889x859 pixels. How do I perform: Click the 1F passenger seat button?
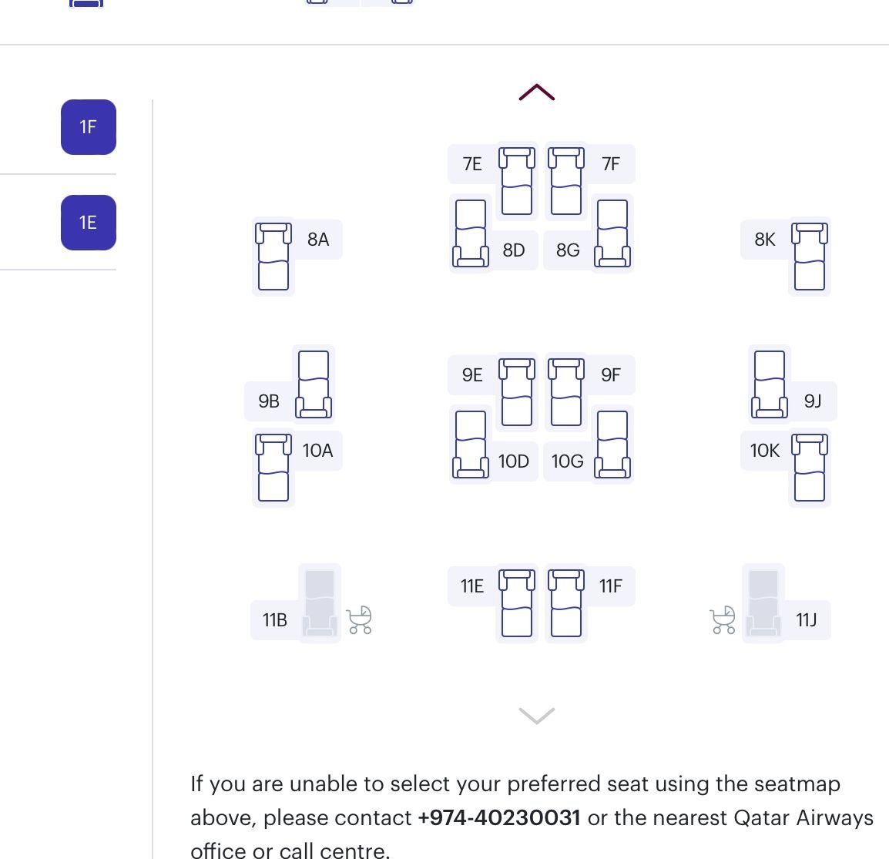click(89, 127)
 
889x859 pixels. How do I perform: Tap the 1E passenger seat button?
click(89, 223)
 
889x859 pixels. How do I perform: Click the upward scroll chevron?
click(537, 92)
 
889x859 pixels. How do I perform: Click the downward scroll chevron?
click(537, 716)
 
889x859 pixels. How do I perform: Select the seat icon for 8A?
click(273, 257)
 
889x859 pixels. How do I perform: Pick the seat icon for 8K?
click(810, 257)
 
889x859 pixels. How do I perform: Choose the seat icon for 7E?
click(516, 181)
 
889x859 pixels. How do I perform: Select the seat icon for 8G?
click(612, 233)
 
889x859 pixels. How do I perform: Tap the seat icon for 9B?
click(314, 384)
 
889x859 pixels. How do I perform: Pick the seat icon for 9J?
click(770, 384)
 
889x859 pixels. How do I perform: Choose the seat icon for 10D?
click(471, 444)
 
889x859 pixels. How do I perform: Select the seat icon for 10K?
click(810, 467)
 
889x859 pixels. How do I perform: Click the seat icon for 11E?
click(516, 602)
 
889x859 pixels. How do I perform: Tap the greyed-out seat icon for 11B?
click(320, 602)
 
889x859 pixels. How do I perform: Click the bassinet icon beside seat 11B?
click(360, 619)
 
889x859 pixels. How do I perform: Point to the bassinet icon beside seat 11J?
click(723, 619)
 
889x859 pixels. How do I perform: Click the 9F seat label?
click(611, 374)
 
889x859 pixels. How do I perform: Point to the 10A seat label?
click(317, 451)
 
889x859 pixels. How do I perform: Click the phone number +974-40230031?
click(499, 817)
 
